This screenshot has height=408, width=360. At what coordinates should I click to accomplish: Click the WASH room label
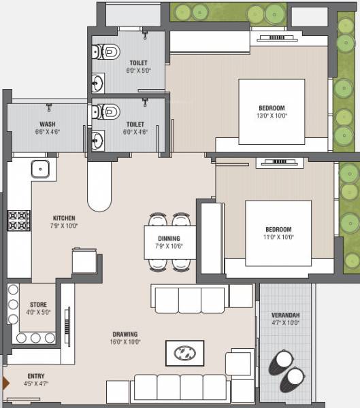[47, 124]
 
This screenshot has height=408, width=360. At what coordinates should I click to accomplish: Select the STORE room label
[38, 305]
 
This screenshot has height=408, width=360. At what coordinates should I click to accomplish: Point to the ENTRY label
[37, 376]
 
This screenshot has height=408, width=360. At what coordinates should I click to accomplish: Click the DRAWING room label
[125, 334]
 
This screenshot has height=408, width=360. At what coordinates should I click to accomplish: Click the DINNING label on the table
[169, 238]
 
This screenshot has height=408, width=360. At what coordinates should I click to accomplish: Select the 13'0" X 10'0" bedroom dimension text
[272, 116]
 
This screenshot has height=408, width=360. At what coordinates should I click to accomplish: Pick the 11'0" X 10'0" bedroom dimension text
[278, 237]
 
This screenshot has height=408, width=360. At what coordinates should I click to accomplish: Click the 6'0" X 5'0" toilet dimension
[138, 70]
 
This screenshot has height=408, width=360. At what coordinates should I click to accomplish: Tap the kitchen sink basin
[40, 169]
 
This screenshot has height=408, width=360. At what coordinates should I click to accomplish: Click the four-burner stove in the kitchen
[19, 220]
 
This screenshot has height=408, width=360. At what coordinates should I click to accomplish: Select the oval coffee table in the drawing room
[184, 353]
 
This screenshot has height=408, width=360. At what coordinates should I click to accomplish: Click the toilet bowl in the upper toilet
[107, 51]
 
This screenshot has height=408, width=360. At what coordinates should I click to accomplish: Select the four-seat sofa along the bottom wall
[180, 387]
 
